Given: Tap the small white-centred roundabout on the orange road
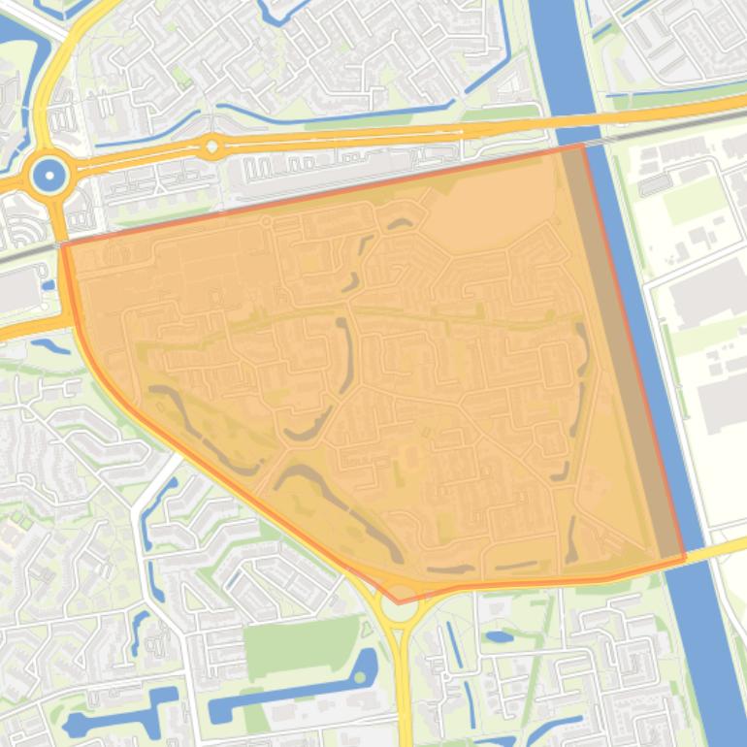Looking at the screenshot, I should (x=211, y=148).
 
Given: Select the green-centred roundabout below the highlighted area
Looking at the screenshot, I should (x=401, y=608).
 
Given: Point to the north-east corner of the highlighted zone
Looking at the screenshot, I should (x=582, y=146).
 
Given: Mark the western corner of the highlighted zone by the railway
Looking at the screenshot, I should (x=64, y=245).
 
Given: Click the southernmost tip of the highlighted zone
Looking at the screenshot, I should (x=399, y=602).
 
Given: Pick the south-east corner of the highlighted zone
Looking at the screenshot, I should (x=685, y=558).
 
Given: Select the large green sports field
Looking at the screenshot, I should (x=301, y=646).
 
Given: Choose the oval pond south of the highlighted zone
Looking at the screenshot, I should (x=499, y=637).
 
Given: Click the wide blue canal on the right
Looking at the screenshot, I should (x=669, y=437).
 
